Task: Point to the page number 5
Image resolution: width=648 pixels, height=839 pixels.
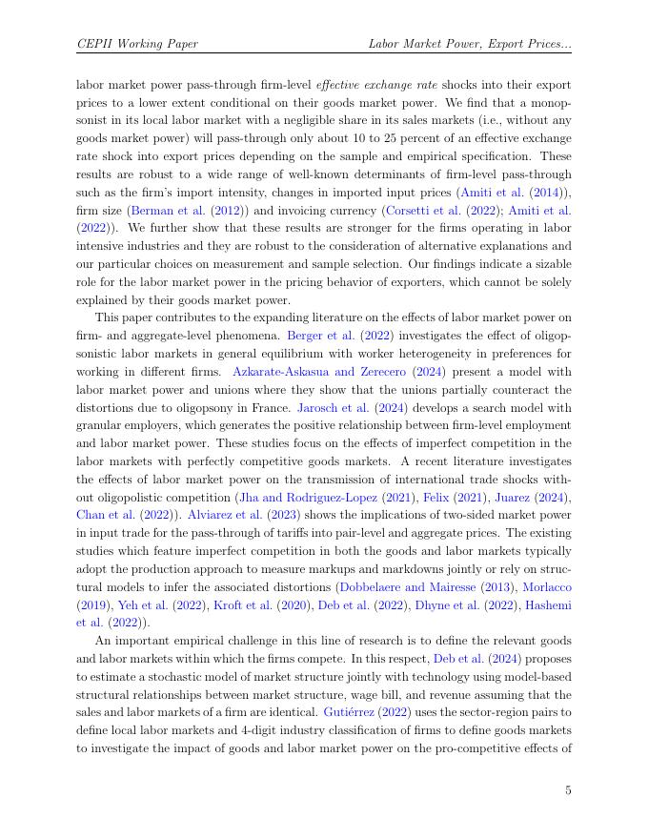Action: (568, 790)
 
